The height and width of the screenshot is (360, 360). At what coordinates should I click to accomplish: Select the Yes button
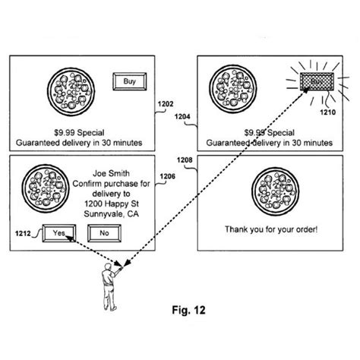[58, 232]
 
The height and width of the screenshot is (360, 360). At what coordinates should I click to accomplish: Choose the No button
[103, 232]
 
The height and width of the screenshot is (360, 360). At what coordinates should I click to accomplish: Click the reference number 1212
[21, 232]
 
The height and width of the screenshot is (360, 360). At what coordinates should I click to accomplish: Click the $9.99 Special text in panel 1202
[81, 130]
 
